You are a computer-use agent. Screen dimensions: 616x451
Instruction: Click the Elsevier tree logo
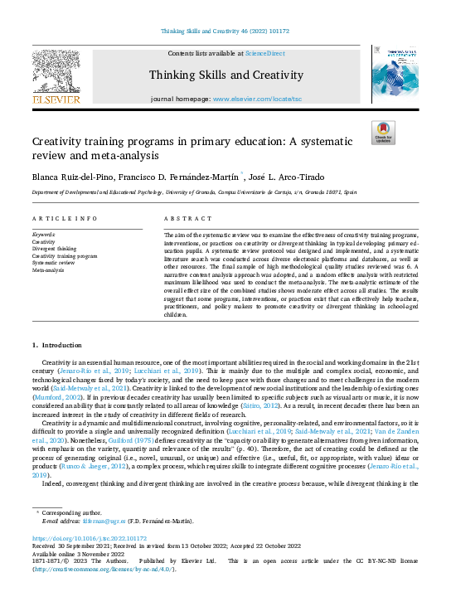tap(56, 75)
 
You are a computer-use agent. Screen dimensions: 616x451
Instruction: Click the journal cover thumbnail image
tap(395, 75)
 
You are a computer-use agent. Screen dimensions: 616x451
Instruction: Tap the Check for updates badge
tap(383, 133)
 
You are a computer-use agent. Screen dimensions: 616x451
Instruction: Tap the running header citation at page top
tap(225, 32)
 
